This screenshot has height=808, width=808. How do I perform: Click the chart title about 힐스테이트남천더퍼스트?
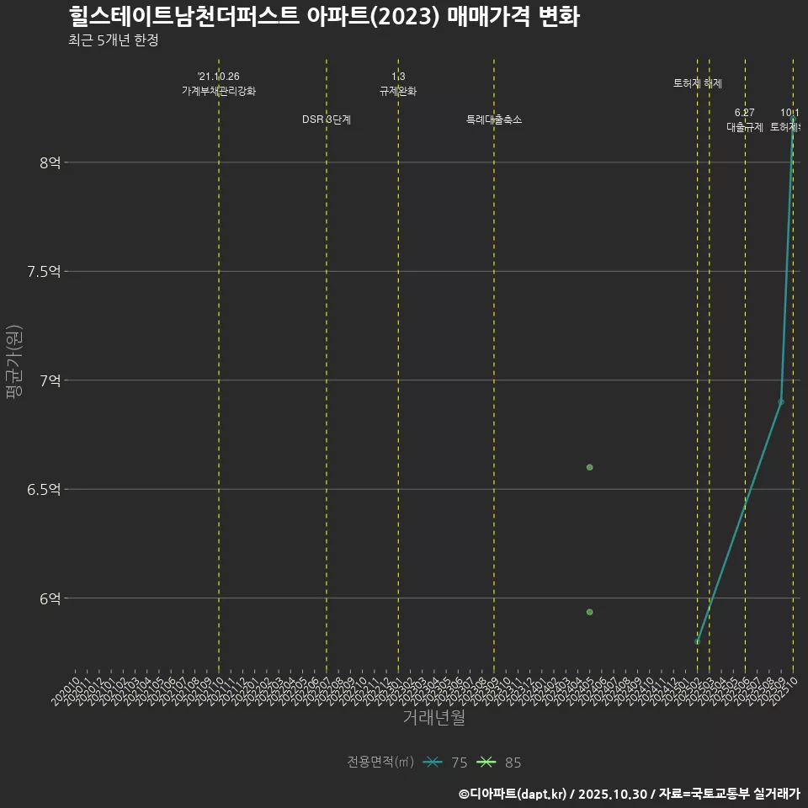coord(323,17)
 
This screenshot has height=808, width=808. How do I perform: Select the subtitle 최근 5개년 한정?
coord(113,40)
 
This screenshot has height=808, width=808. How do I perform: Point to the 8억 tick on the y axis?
coord(50,162)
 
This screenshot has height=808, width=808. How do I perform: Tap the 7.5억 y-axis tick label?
coord(44,271)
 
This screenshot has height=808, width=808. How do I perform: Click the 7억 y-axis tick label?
coord(50,380)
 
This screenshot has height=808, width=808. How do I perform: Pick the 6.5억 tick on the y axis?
coord(44,489)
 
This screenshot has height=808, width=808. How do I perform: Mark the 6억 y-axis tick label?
coord(50,598)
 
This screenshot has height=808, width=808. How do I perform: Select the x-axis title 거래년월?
coord(433,718)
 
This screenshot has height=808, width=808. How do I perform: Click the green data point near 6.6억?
coord(590,467)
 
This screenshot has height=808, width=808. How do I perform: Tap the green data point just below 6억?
coord(590,612)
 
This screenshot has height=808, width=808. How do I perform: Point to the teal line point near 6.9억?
coord(781,401)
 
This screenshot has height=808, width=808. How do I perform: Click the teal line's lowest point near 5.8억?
coord(697,641)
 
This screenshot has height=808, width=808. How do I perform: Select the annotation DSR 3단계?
coord(327,120)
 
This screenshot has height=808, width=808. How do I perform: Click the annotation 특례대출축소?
coord(494,120)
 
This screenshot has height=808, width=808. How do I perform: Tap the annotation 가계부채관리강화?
coord(219,90)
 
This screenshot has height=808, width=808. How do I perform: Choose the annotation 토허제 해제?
coord(698,83)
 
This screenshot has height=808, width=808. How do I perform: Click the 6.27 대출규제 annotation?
coord(745,120)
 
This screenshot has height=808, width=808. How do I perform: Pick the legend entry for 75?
coord(445,763)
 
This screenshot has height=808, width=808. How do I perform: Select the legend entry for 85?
coord(499,763)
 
